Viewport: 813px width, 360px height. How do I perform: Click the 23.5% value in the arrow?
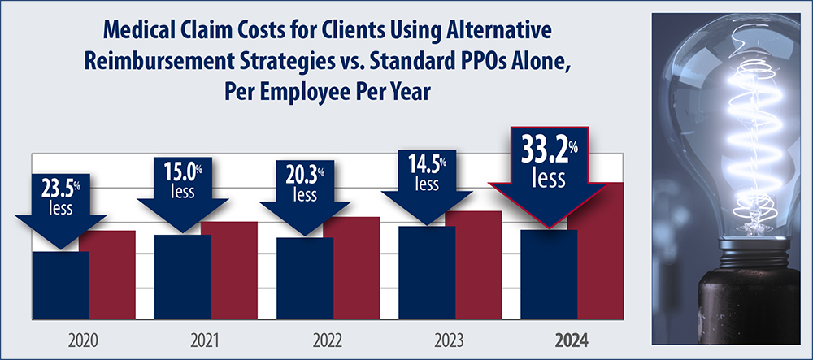click(x=59, y=189)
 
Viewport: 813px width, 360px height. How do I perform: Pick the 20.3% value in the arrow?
click(x=303, y=176)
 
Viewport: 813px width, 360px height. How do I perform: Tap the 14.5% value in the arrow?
click(x=425, y=166)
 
